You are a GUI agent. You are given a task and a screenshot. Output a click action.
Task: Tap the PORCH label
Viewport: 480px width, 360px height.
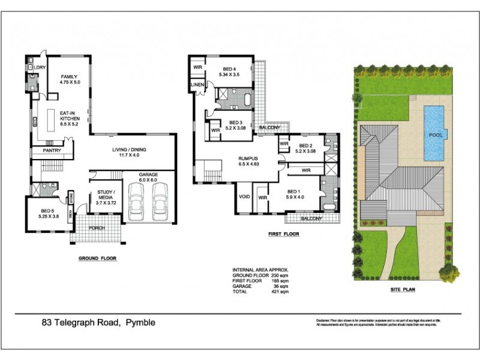coord(97,229)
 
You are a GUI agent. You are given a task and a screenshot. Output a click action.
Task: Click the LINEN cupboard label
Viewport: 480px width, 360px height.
coord(197,86)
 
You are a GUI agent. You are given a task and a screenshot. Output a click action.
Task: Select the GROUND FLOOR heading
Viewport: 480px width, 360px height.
coord(97,259)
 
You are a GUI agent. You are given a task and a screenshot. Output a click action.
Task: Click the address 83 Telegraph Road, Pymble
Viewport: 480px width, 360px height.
coord(98,323)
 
